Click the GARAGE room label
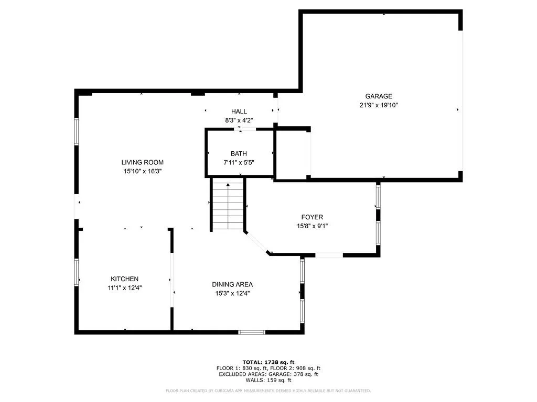379,96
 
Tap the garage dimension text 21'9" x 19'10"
379,105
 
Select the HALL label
239,111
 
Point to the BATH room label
239,154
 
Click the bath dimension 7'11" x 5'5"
239,162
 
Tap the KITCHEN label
124,279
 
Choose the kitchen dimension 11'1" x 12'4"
124,287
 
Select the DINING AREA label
232,284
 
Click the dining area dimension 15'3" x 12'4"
232,293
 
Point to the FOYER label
312,217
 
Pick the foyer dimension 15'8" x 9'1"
312,226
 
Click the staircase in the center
228,205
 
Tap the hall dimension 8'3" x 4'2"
239,120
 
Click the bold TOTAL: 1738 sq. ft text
268,362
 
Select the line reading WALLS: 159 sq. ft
268,380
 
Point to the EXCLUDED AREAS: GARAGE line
268,374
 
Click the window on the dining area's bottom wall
252,331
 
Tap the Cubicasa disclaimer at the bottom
268,390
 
